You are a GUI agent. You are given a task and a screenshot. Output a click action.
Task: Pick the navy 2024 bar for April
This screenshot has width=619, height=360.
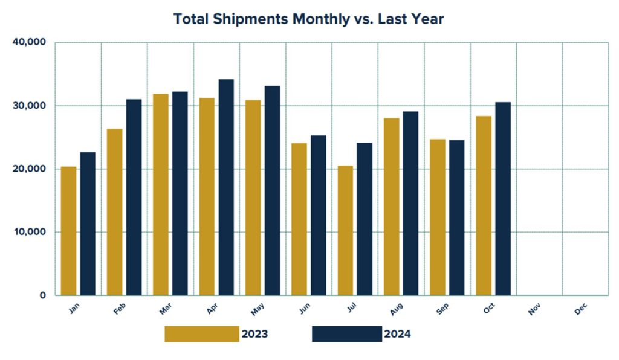click(x=226, y=187)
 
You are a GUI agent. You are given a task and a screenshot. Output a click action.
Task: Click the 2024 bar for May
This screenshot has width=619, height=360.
click(x=272, y=191)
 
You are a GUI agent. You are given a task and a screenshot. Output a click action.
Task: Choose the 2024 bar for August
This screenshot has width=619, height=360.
click(x=410, y=203)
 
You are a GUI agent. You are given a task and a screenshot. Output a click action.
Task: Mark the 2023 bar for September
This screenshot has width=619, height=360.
click(x=438, y=217)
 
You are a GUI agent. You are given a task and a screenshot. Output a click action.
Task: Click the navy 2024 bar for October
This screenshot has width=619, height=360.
click(x=503, y=199)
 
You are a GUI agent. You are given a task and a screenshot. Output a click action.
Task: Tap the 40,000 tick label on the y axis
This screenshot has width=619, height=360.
click(x=29, y=43)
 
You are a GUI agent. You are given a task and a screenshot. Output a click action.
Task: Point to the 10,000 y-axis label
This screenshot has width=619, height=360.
click(x=29, y=232)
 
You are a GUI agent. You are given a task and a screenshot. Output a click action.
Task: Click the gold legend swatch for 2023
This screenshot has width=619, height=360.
click(x=202, y=334)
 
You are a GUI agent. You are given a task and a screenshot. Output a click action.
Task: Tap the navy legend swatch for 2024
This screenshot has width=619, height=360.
click(x=347, y=334)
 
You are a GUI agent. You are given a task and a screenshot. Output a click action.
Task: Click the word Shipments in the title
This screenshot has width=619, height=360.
click(x=250, y=19)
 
